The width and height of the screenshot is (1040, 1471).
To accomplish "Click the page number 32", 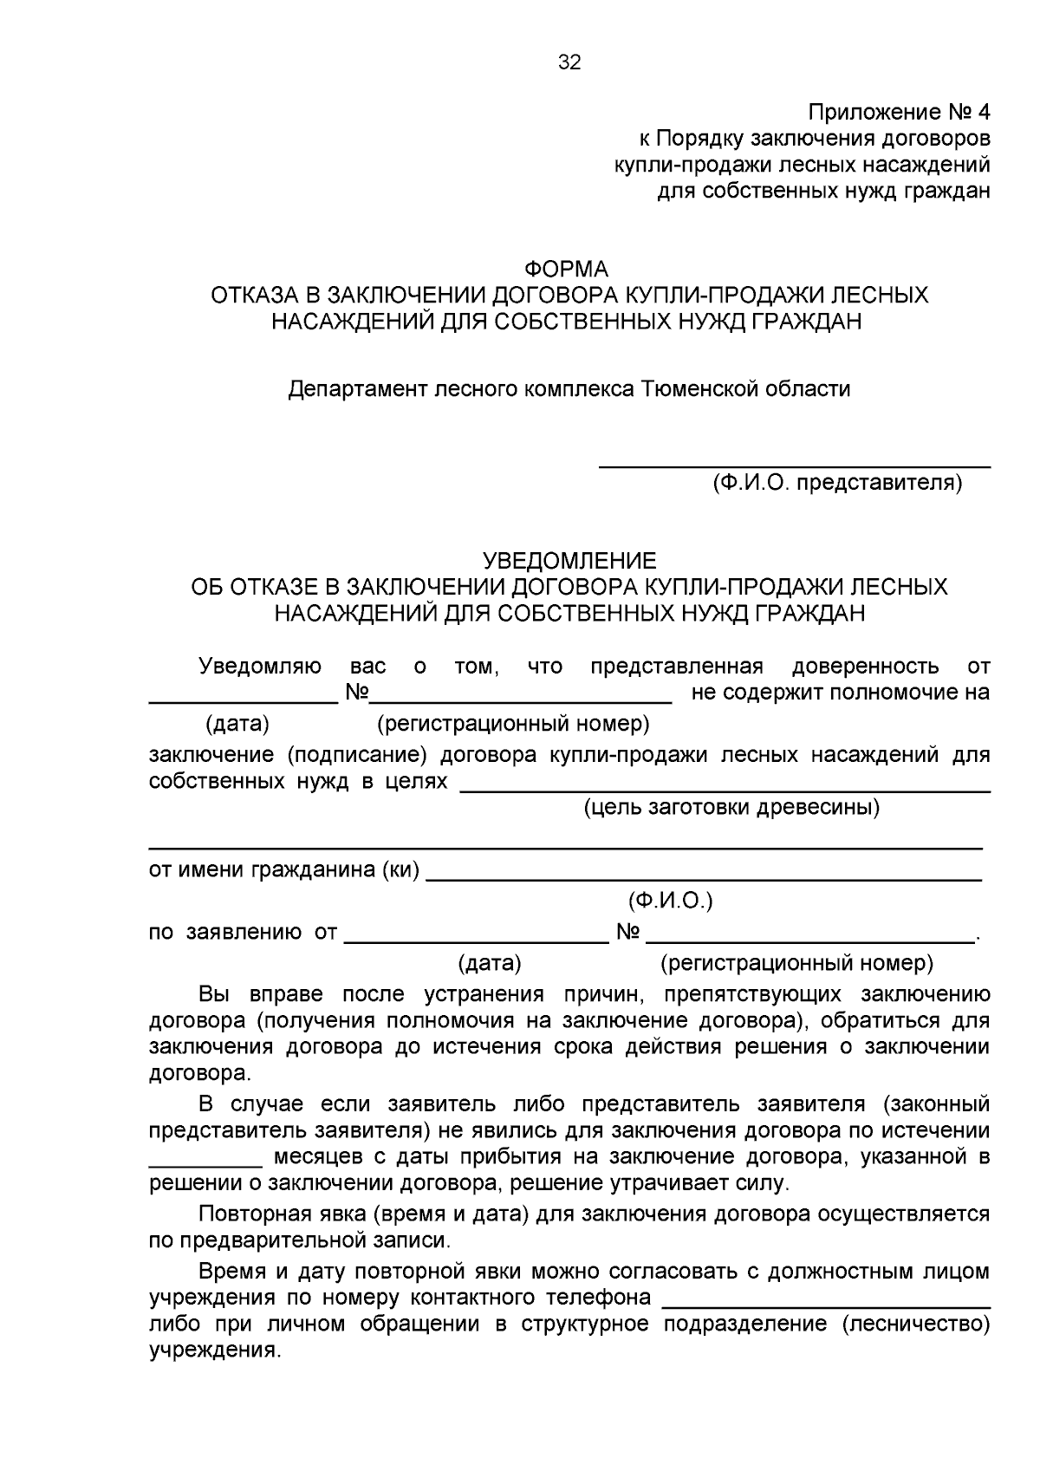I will click(x=569, y=62).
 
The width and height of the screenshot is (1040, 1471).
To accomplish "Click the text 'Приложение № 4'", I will click(x=898, y=113).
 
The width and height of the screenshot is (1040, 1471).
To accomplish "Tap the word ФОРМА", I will click(x=569, y=269).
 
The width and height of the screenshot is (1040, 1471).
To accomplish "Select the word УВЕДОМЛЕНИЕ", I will click(x=569, y=561).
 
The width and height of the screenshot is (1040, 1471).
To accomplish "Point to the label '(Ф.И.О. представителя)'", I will click(x=836, y=483).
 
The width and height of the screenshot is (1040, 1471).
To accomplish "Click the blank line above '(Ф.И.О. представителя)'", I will click(x=795, y=467).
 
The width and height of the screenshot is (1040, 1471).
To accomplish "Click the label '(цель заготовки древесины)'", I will click(x=731, y=808).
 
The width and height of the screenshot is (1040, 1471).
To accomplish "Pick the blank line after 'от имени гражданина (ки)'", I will click(x=705, y=879).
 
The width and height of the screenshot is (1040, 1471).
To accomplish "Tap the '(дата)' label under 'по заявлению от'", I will click(x=489, y=963).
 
